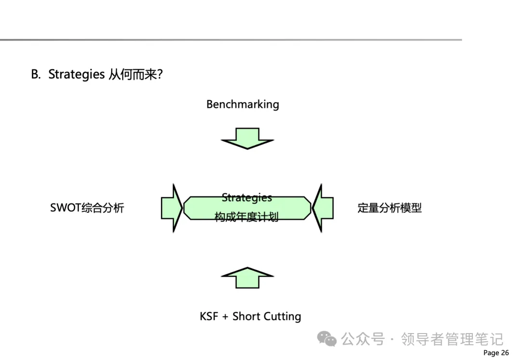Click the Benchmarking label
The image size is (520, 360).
243,104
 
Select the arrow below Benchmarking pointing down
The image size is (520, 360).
247,138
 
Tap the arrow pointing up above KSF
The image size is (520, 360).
247,278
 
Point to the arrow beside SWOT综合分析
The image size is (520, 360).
171,208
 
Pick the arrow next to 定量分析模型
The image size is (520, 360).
323,208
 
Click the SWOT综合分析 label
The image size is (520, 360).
87,208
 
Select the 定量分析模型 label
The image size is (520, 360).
390,208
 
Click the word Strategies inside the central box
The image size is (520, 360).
247,198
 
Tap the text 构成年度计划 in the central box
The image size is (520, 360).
247,218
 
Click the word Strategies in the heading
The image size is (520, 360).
77,75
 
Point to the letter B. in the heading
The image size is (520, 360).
36,75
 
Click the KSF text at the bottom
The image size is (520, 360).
209,316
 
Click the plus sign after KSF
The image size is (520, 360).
225,317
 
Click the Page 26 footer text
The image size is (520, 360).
496,353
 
